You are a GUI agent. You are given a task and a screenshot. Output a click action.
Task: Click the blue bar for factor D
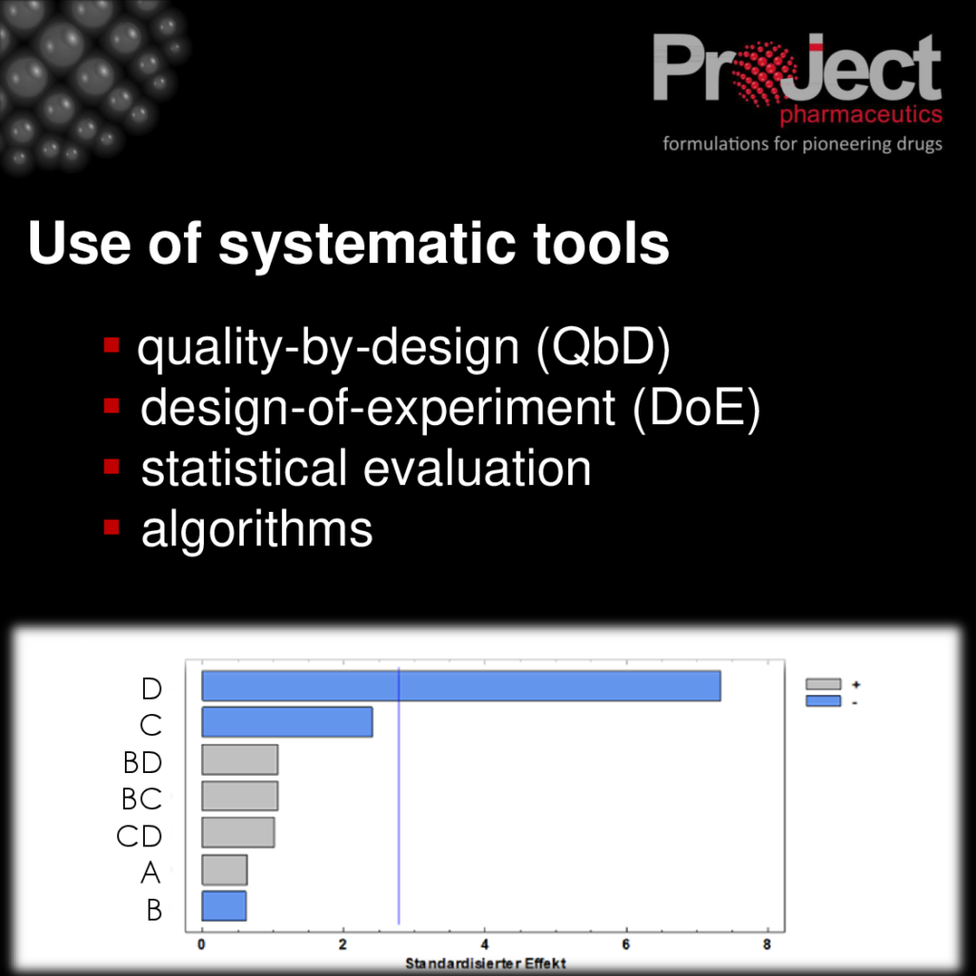pos(461,686)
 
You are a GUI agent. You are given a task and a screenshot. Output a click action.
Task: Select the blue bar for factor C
pos(287,722)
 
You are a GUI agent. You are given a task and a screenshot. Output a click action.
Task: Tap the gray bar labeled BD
pos(239,760)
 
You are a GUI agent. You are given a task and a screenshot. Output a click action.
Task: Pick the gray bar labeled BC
pos(239,796)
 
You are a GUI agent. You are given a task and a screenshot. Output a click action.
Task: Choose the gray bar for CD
pos(237,832)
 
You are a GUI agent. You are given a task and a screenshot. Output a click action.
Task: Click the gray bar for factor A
pos(224,869)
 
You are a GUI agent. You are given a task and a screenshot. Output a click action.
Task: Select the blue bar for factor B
pos(223,905)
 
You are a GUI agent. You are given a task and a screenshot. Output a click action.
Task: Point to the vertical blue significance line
pos(398,797)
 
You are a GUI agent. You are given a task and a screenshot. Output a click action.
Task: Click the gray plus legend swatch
pos(823,684)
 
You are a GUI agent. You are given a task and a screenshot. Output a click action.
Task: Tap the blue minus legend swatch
pos(823,701)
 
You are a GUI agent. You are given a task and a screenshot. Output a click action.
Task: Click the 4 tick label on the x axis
pos(484,945)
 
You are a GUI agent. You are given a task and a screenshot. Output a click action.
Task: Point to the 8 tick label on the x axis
pos(767,945)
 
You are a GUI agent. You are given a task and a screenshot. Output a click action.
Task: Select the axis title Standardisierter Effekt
pos(485,964)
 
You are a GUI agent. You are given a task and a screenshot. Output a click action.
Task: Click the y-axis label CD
pos(139,836)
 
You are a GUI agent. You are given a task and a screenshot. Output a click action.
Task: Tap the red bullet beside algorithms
pos(112,528)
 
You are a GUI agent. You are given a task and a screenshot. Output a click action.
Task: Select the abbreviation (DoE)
pos(697,408)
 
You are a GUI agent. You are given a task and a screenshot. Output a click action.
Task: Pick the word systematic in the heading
pos(367,244)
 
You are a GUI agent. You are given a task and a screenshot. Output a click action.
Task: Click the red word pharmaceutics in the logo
pos(861,114)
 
